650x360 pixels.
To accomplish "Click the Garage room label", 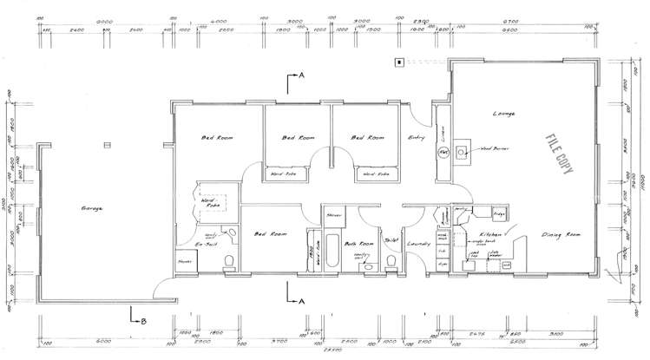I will pos(93,210).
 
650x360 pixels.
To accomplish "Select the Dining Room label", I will pos(561,235).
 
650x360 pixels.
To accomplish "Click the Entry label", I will pos(416,138).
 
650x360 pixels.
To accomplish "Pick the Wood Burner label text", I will pos(494,149).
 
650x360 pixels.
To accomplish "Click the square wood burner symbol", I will pos(461,151).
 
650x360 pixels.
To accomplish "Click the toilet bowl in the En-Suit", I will pos(229,261).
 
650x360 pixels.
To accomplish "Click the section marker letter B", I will pos(144,321).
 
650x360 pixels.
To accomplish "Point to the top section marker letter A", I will pos(301,76).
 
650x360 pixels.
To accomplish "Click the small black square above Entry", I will pos(399,62).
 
